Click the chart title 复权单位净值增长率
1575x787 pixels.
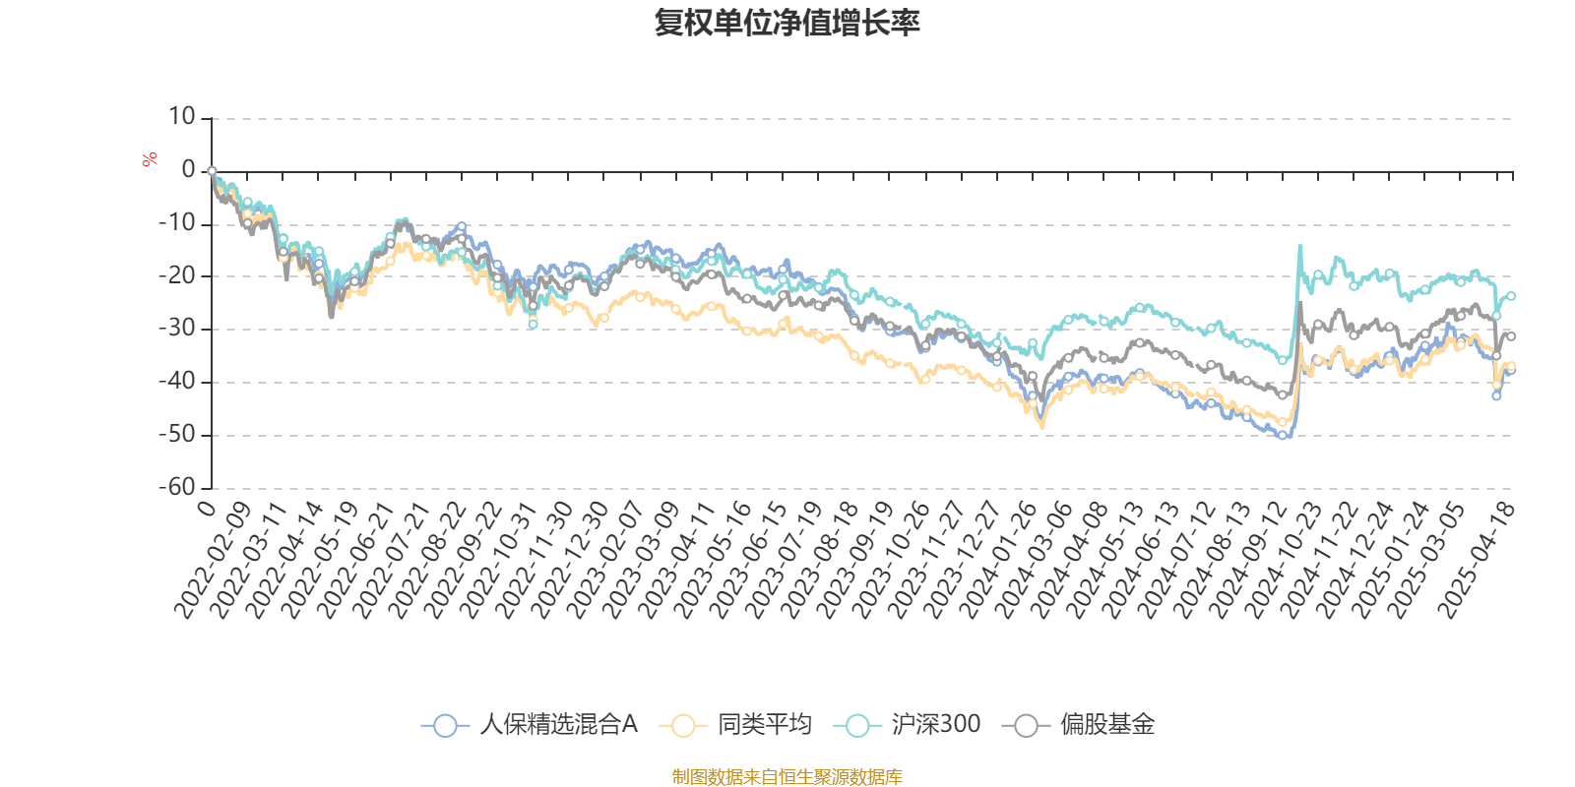787,23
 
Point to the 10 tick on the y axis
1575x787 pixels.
182,118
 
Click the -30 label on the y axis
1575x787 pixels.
177,329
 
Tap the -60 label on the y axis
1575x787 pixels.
177,487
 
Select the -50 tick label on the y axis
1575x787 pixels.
177,435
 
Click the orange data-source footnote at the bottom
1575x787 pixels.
787,777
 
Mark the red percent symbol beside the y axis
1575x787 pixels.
150,159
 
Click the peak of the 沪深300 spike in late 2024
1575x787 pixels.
1299,246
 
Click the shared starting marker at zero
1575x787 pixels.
212,171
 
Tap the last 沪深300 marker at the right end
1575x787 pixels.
1511,296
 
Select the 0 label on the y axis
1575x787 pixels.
188,171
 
